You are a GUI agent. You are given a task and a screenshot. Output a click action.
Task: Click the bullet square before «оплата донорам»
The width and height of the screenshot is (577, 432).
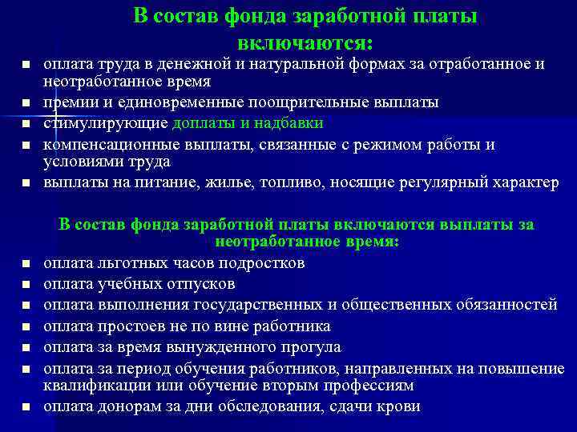click(26, 407)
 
